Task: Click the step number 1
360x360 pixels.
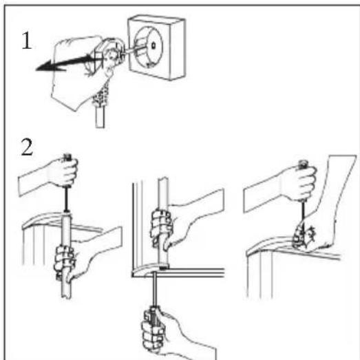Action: (x=27, y=41)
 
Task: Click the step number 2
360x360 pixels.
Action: (x=27, y=147)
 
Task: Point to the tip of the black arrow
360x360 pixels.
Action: (x=36, y=69)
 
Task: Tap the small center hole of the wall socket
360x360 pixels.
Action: (x=153, y=45)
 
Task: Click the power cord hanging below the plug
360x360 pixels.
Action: (x=100, y=108)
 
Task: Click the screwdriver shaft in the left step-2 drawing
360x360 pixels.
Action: (x=66, y=199)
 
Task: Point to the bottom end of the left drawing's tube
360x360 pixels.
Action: (x=66, y=297)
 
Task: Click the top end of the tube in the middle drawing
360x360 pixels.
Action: (x=162, y=179)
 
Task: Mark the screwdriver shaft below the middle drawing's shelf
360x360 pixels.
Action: (x=155, y=290)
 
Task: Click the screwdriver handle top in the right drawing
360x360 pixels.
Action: (x=303, y=162)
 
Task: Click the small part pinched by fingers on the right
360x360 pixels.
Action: (x=301, y=237)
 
